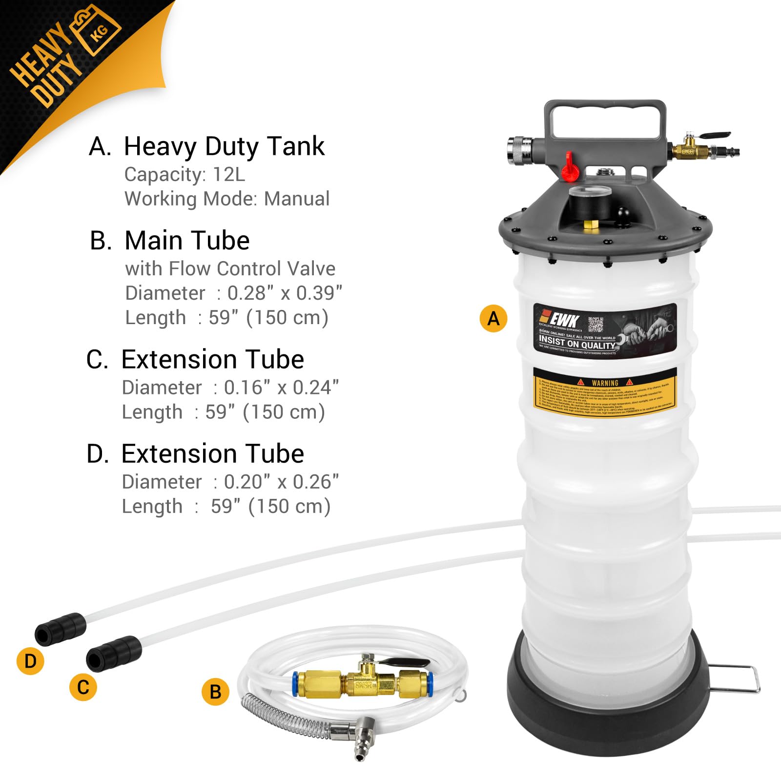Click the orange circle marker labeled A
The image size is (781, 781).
[x=493, y=318]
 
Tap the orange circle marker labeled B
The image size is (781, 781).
[x=215, y=692]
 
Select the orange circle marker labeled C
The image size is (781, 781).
[x=83, y=687]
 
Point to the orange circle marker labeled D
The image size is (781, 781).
[x=30, y=661]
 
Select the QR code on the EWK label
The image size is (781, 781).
[x=596, y=324]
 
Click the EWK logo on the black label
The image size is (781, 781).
[x=561, y=320]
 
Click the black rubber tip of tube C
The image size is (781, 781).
[x=113, y=653]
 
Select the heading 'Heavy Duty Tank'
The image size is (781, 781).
[x=224, y=146]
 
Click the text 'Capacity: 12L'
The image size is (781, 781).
[x=185, y=174]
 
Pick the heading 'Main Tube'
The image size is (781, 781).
[x=187, y=240]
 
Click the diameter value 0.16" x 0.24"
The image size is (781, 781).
[x=281, y=388]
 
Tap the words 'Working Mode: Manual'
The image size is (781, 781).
[x=227, y=199]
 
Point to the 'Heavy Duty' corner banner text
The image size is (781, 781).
[x=46, y=63]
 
